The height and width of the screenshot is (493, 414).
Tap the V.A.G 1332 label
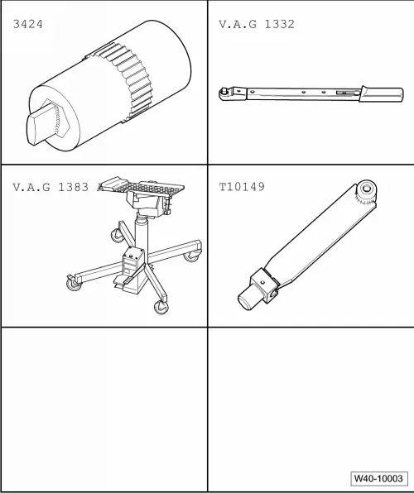(256, 24)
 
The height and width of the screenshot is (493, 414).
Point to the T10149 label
(242, 187)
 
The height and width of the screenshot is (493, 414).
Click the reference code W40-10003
(378, 479)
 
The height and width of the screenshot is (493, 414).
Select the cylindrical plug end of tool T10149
(246, 297)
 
